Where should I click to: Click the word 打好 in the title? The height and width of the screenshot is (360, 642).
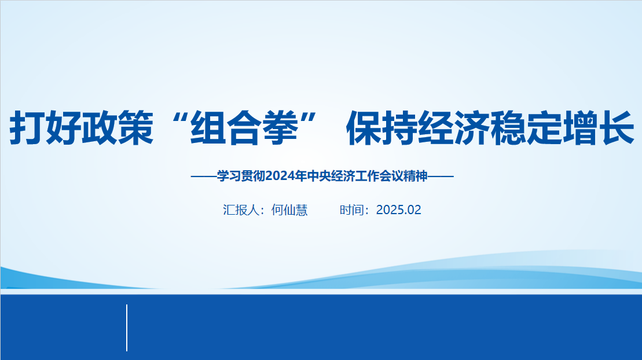(45, 128)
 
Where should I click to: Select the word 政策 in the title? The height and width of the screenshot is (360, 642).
(118, 128)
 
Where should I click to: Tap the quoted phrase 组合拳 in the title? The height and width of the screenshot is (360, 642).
(244, 128)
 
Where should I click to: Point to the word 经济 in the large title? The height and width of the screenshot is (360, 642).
(454, 128)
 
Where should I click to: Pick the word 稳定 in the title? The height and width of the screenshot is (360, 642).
(526, 128)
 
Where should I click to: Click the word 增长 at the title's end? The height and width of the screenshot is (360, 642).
(598, 128)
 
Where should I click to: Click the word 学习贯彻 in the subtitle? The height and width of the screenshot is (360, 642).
(241, 176)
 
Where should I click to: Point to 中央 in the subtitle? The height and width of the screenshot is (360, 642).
(320, 176)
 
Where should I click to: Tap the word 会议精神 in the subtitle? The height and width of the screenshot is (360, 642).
(403, 176)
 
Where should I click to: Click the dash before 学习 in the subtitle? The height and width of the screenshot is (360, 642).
(204, 177)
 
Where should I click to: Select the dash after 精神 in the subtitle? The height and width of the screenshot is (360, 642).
(441, 177)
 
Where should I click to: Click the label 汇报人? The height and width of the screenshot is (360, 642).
(241, 210)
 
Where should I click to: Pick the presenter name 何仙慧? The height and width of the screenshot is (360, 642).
(289, 210)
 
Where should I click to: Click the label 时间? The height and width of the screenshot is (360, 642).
(352, 210)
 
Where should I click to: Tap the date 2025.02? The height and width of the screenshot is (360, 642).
(398, 210)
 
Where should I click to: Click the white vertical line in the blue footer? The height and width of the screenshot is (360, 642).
(127, 328)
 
